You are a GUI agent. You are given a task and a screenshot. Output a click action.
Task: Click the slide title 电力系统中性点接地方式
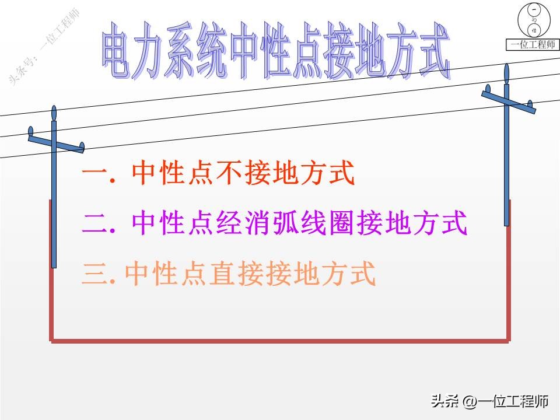point(276,51)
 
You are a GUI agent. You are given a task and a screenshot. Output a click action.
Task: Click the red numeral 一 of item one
point(94,173)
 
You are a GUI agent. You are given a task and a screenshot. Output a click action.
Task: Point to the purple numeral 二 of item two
point(94,224)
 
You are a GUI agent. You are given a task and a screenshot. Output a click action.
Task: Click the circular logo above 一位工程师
point(533,22)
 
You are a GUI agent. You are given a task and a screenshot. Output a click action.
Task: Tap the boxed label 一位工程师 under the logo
point(533,45)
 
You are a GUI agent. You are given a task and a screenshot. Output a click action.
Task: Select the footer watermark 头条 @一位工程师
point(490,401)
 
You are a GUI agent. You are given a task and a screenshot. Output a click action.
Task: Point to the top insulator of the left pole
point(54,113)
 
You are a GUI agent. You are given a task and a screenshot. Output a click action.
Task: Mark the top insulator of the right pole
point(506,72)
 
